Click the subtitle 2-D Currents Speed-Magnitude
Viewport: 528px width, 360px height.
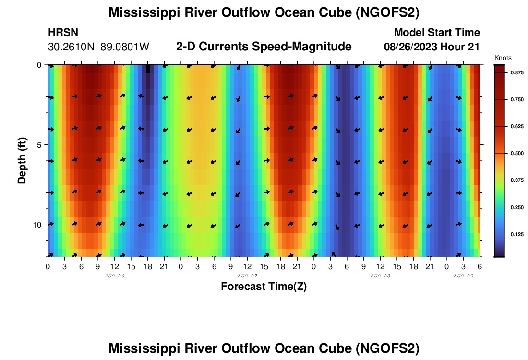(264, 47)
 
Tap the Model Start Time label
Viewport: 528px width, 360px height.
(436, 33)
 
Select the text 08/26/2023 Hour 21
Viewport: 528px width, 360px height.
(432, 47)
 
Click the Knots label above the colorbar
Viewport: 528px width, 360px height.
(502, 58)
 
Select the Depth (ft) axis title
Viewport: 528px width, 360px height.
(22, 159)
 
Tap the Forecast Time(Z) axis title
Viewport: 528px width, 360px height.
(264, 287)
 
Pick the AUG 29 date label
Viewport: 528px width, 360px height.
(463, 276)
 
